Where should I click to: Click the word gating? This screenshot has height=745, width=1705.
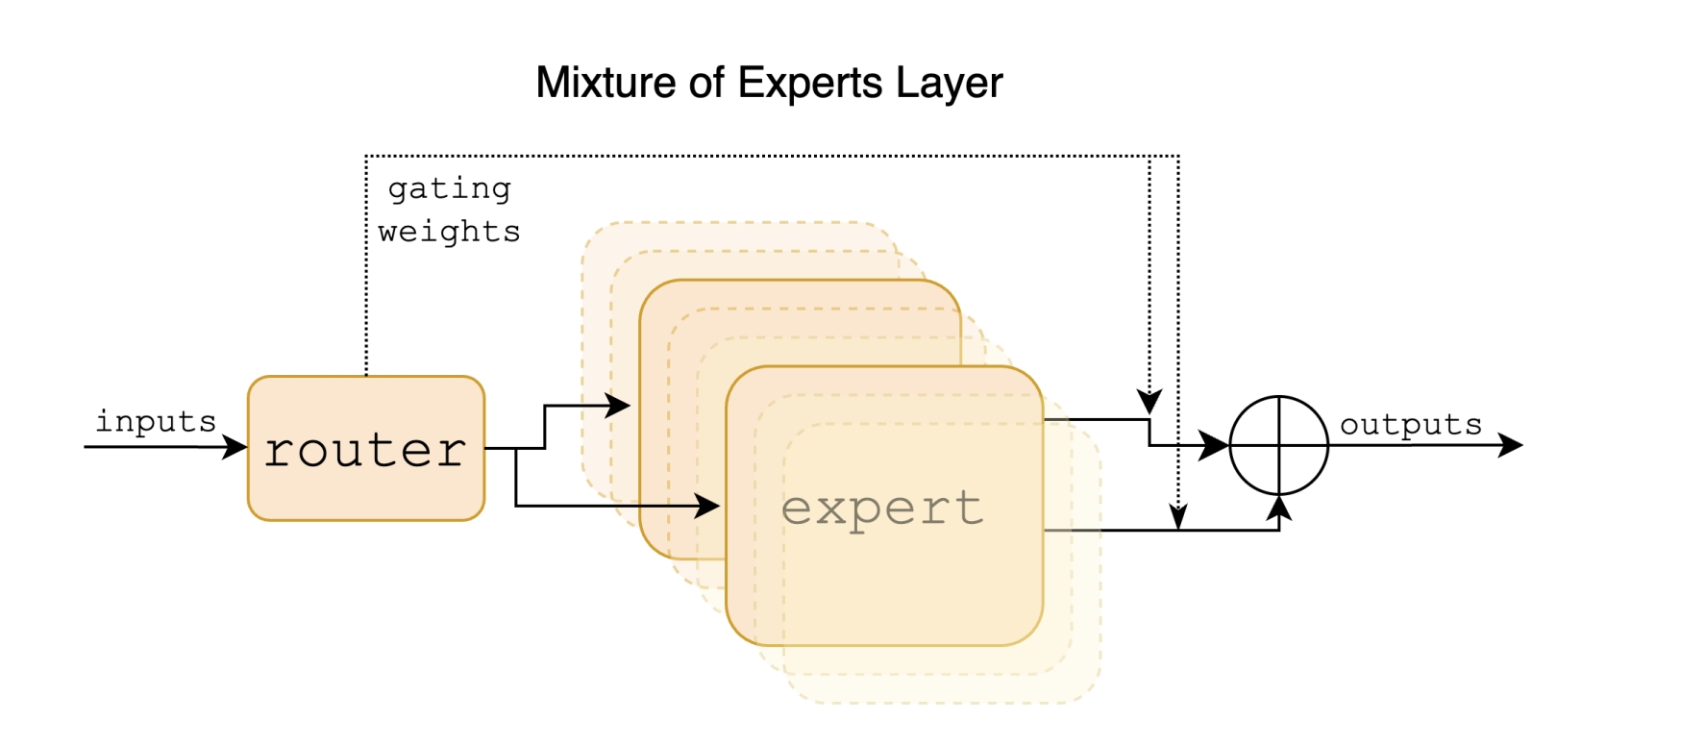point(449,188)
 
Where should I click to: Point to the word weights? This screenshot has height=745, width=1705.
point(449,232)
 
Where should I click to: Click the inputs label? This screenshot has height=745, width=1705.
point(156,421)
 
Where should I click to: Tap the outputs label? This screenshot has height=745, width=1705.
point(1410,424)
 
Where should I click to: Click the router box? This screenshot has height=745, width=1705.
point(366,448)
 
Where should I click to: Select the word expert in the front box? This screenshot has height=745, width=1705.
point(882,508)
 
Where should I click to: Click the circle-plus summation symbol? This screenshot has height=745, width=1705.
point(1278,445)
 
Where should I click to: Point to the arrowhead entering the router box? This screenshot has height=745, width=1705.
point(235,447)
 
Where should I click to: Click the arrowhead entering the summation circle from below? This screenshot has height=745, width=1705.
point(1278,508)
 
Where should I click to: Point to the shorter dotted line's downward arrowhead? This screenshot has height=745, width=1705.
point(1149,400)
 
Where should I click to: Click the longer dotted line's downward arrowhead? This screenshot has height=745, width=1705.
point(1178,516)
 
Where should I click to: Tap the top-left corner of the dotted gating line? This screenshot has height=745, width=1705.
point(366,156)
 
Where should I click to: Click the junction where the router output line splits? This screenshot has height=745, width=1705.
point(516,448)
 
